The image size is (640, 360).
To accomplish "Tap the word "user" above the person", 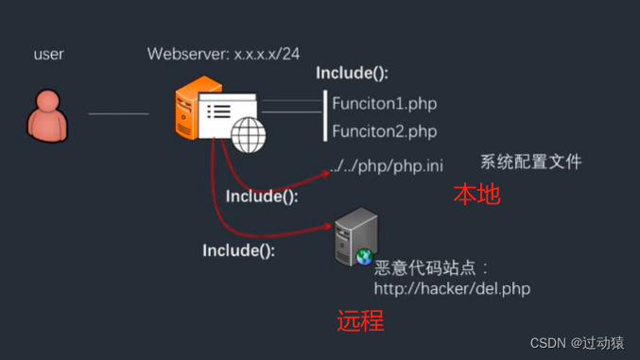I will click(48, 54).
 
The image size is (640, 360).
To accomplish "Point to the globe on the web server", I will click(249, 134).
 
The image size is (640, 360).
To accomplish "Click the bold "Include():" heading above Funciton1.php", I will click(352, 74).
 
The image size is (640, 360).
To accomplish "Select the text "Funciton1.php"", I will click(384, 103).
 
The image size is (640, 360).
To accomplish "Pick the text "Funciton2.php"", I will click(384, 131).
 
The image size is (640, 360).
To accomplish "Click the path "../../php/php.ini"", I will click(387, 167).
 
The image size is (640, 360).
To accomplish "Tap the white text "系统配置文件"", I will click(531, 162).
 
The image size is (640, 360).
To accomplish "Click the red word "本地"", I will click(476, 195).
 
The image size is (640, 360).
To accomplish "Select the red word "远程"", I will click(360, 321).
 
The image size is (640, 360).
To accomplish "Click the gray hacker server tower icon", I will click(355, 238).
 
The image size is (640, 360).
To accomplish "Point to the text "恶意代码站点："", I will click(432, 268).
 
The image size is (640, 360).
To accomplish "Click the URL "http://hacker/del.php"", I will click(452, 288).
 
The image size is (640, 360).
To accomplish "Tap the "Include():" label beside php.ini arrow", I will click(262, 197).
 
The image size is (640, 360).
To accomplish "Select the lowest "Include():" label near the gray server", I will click(239, 250).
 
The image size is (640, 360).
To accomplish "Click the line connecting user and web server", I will click(118, 114).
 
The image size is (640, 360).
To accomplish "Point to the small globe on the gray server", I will click(364, 256).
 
